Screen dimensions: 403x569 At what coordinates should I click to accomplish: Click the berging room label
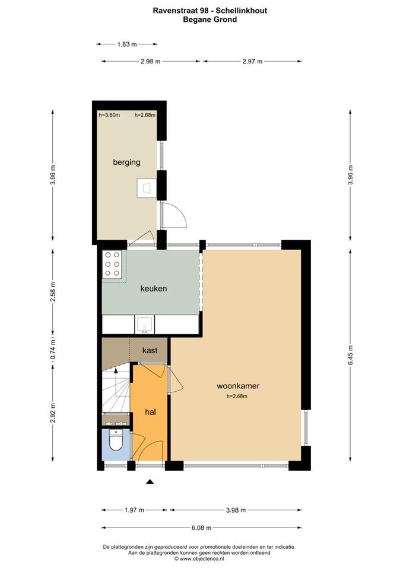[x=126, y=162]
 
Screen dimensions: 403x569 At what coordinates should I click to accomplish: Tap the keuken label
[x=154, y=289]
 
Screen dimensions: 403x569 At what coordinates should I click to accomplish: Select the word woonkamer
[x=238, y=386]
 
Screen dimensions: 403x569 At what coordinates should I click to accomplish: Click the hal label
[x=150, y=412]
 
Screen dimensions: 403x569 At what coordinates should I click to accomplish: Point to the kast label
[x=150, y=350]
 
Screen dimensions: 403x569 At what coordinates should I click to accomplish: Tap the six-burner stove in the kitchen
[x=112, y=264]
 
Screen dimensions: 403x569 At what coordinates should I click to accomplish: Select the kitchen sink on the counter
[x=145, y=324]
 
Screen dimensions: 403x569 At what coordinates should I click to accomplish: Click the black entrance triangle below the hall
[x=150, y=482]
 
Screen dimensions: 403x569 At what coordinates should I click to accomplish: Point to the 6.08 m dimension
[x=201, y=528]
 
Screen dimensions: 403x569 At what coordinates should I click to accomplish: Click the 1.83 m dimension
[x=127, y=44]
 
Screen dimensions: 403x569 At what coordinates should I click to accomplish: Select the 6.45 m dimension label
[x=351, y=355]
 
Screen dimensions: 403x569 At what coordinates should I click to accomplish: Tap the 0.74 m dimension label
[x=53, y=350]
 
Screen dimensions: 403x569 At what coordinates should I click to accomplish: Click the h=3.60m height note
[x=109, y=115]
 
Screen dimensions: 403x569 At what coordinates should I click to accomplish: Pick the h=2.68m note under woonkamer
[x=237, y=397]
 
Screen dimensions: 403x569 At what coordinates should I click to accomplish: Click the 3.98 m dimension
[x=236, y=510]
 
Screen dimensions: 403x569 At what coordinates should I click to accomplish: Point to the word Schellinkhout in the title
[x=242, y=11]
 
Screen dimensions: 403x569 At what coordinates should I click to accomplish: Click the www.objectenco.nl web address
[x=202, y=559]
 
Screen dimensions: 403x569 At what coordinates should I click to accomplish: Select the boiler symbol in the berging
[x=147, y=188]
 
